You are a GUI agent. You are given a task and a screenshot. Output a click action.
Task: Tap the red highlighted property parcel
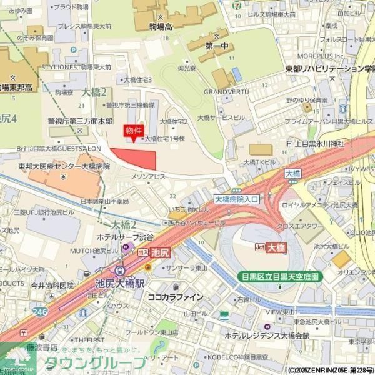(x=135, y=158)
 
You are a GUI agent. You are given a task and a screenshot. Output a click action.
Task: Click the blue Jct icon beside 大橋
(x=259, y=247)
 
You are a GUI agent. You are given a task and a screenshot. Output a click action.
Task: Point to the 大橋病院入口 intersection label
(x=236, y=199)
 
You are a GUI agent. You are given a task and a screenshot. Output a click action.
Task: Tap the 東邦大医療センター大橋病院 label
(x=64, y=167)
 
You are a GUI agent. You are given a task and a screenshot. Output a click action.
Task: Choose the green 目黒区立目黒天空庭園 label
(x=279, y=276)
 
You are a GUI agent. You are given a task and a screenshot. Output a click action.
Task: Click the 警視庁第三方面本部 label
(x=80, y=121)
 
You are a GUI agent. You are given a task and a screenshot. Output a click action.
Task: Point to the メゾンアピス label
(x=147, y=177)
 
